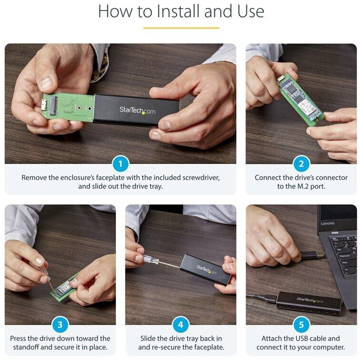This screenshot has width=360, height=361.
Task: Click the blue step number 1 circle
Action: (120, 164)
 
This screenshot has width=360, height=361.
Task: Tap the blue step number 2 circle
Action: (301, 164)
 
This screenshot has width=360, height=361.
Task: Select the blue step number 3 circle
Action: (60, 324)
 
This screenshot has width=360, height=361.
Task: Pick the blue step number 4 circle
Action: (180, 324)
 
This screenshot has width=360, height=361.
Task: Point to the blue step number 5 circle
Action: (301, 324)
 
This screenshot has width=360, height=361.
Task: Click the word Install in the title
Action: (178, 11)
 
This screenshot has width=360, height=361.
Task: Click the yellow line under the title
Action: (181, 28)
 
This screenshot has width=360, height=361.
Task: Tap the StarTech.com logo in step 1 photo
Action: (137, 111)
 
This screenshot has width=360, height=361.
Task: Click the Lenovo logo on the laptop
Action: (327, 223)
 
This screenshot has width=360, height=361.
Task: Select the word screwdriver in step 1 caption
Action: (201, 178)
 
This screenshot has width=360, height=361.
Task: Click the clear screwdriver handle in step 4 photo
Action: (151, 260)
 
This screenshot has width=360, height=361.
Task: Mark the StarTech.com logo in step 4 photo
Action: (206, 270)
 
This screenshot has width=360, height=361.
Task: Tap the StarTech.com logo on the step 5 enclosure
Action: (310, 300)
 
